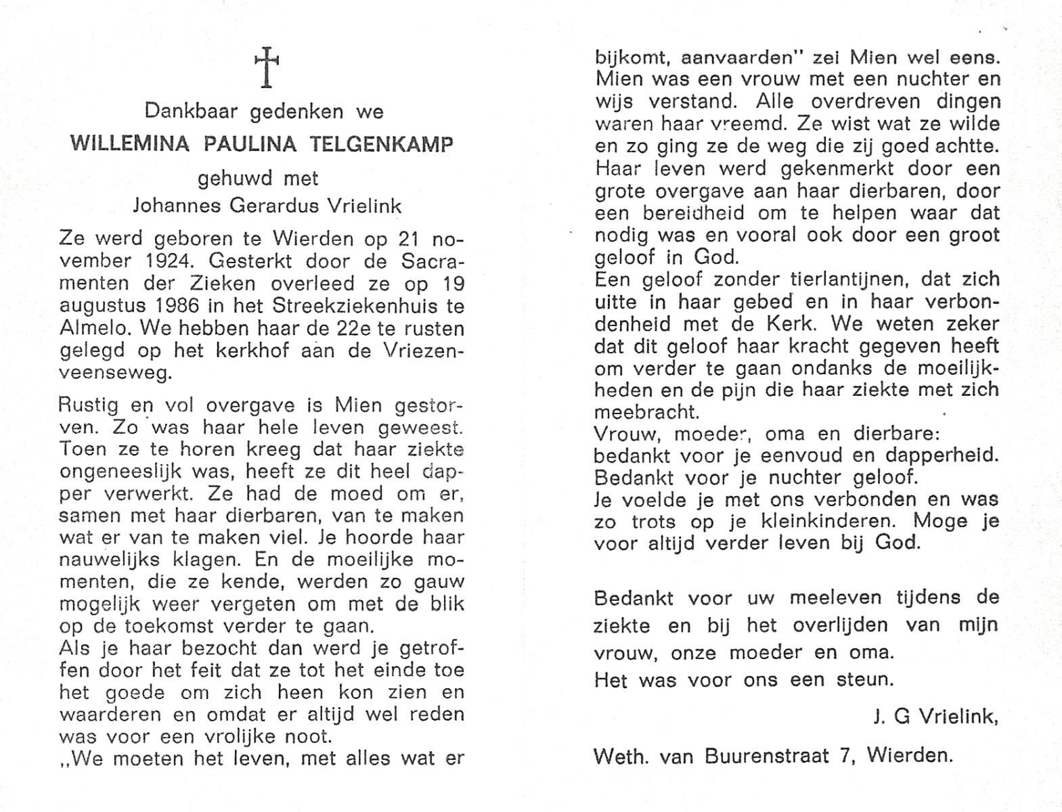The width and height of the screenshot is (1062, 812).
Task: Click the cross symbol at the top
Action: (x=267, y=67)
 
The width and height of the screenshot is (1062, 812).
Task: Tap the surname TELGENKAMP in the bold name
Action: (x=382, y=145)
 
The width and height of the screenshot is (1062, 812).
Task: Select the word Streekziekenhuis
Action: (x=360, y=306)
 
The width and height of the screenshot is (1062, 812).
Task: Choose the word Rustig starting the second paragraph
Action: (x=89, y=405)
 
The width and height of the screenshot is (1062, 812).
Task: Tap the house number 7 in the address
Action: (x=844, y=755)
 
